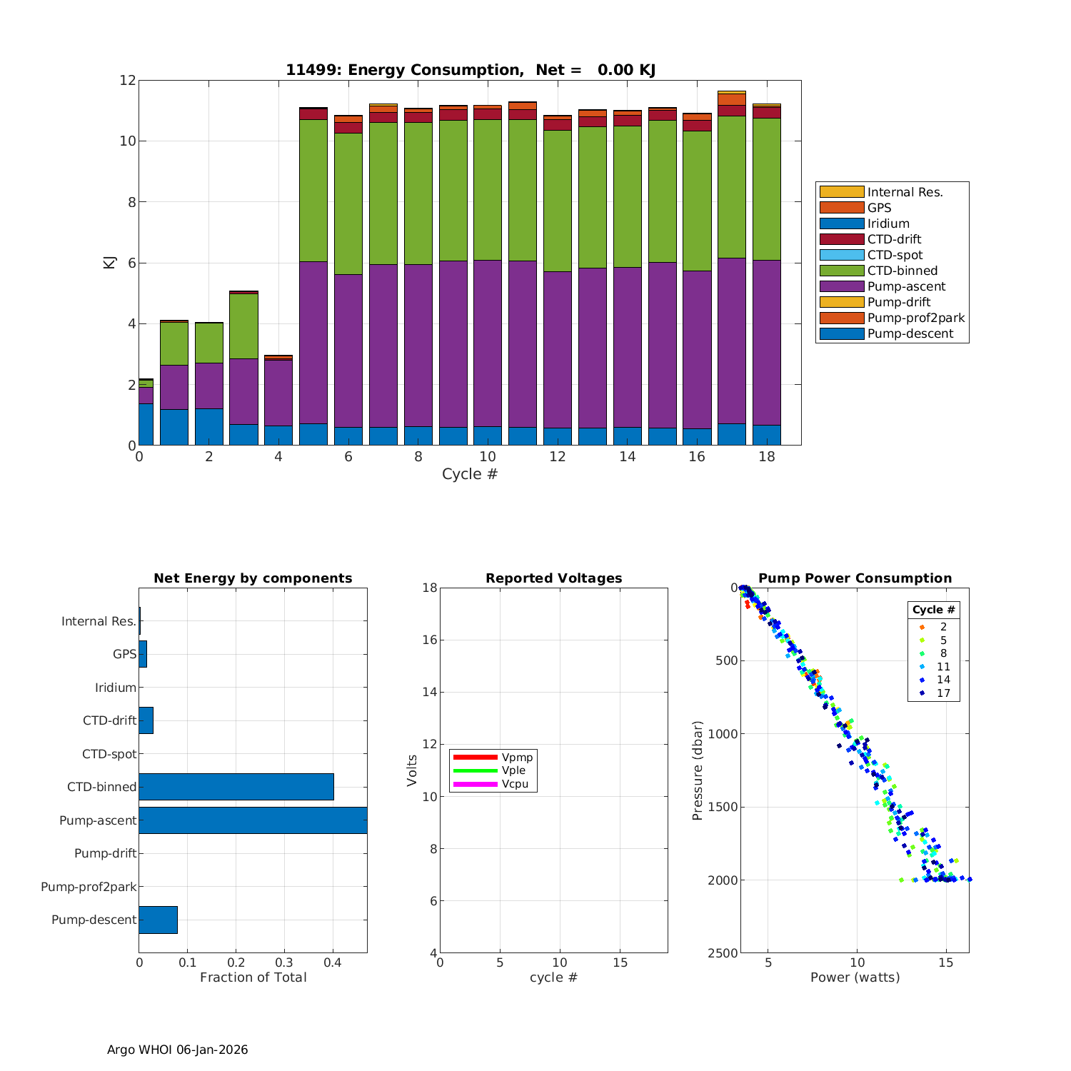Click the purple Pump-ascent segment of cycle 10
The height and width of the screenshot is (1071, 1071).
click(x=488, y=343)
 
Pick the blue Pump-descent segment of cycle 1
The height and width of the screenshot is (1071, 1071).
click(x=174, y=427)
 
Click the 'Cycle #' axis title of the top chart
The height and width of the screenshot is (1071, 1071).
click(x=470, y=474)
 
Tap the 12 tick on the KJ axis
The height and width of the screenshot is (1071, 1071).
click(x=128, y=80)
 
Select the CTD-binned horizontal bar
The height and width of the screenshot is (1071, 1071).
click(x=236, y=787)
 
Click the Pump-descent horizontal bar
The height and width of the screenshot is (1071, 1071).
click(x=158, y=920)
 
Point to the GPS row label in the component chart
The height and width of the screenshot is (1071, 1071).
click(x=124, y=654)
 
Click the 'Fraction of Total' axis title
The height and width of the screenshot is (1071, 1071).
click(x=253, y=977)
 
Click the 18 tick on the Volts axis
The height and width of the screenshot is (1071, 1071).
click(x=429, y=588)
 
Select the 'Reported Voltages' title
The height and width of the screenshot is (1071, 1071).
click(x=554, y=578)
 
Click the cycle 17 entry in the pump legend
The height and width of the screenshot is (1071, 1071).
click(x=943, y=693)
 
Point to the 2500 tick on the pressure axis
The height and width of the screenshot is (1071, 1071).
click(x=724, y=953)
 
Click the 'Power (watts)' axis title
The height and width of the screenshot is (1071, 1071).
click(x=855, y=977)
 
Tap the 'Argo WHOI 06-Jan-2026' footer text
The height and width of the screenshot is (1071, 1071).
click(x=178, y=1050)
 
